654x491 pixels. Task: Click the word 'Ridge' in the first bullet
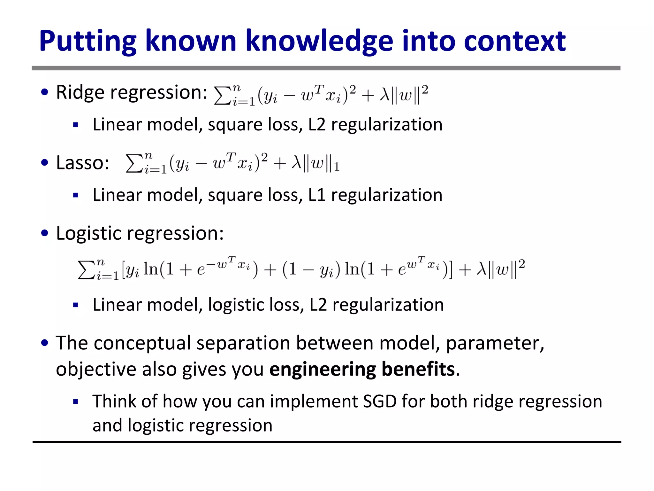(80, 92)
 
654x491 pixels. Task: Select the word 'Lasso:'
(82, 163)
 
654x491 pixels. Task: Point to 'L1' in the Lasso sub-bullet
(317, 195)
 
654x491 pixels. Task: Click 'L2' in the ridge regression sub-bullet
(317, 124)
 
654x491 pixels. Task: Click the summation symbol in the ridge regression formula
(222, 95)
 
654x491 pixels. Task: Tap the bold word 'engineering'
(323, 370)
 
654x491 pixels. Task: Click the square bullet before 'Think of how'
(76, 402)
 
